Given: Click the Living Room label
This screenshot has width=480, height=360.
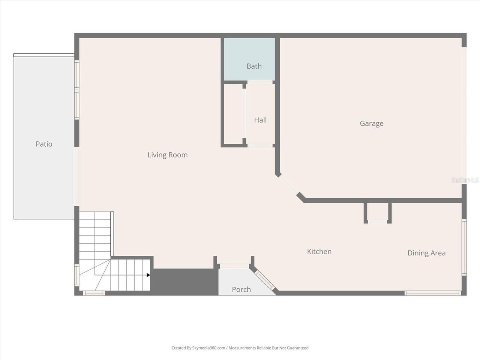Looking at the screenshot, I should coord(167,155).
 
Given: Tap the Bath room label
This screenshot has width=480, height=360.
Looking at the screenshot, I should coord(254,66).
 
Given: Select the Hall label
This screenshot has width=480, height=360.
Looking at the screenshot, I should coord(260,120).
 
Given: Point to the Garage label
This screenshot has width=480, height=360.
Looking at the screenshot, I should coord(371,123).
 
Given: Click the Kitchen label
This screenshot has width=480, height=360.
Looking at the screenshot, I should coord(319,252).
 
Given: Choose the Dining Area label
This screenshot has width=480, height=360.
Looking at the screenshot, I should coord(426,253).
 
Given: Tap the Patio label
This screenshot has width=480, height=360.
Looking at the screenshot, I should coord(44,144).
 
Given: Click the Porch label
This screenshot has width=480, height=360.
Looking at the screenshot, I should coord(241,289).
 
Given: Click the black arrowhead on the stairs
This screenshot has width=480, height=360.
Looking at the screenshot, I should coord(148,275).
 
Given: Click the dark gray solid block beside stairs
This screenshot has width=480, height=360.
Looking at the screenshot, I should coord(184,281).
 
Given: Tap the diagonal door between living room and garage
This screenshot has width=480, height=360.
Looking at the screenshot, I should coord(288,185).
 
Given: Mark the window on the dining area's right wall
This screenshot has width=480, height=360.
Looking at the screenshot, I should coord(464,247).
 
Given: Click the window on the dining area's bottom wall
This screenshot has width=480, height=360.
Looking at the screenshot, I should coord(433,293).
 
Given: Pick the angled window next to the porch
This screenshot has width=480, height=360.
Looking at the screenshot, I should coord(265,280).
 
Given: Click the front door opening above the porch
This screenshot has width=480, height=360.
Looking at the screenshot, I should coord(234,266).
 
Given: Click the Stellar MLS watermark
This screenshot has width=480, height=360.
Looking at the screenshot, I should coord(465,180).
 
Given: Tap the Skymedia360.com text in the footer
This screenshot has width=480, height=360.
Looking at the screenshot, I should coord(208,348).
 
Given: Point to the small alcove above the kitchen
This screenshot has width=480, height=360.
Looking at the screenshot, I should coord(378,213).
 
